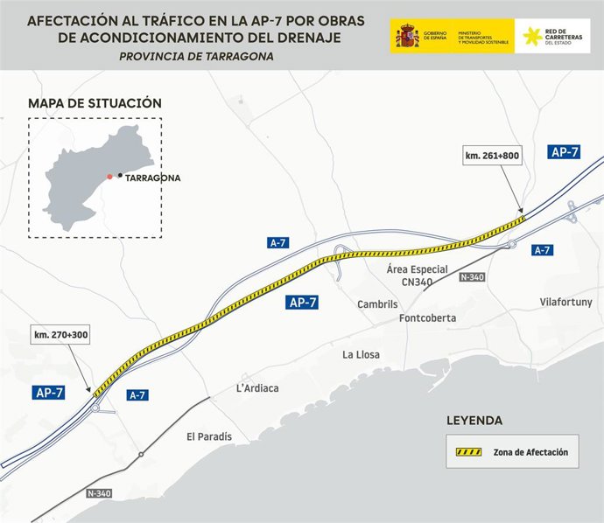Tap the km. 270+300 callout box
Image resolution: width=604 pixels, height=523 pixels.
[61, 334]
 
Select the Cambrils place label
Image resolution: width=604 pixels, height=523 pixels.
[377, 304]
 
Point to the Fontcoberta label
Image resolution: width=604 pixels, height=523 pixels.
[427, 318]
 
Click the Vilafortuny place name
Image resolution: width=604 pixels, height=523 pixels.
[566, 303]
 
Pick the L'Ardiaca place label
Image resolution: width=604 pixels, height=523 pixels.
[257, 388]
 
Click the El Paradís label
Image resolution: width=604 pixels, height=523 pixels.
[209, 436]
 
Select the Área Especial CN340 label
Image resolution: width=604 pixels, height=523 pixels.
[418, 275]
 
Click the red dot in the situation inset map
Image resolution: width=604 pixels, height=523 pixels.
[109, 177]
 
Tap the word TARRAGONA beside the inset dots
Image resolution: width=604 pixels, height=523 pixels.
[153, 178]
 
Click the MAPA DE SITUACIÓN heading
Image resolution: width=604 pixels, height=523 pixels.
[95, 103]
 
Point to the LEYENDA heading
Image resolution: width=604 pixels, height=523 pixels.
[474, 421]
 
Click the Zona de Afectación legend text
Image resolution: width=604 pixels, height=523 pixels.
[530, 452]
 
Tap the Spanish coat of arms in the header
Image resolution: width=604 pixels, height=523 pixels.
[406, 36]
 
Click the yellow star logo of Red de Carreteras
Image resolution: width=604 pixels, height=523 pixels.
[531, 36]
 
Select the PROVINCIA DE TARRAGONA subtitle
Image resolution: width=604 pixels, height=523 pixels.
[196, 56]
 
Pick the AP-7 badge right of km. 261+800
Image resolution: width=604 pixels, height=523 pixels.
[565, 152]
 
